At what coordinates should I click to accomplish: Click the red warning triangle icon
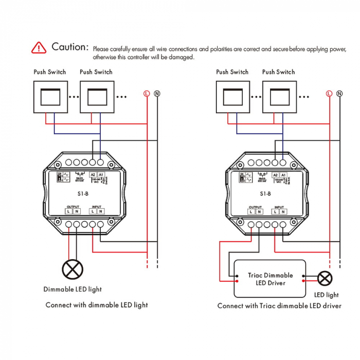pos(39,47)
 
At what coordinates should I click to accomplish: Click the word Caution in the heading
pos(70,47)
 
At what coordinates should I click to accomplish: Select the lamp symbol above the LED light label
pos(324,279)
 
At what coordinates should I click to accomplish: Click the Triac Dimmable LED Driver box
pos(270,279)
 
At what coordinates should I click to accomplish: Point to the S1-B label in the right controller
pos(265,194)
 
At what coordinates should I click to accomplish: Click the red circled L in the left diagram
pos(147,93)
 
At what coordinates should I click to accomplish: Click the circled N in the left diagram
pos(157,93)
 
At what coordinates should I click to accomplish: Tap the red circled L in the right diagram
pos(329,93)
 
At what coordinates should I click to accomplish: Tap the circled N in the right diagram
pos(340,93)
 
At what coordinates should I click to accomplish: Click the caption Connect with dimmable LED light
pos(97,305)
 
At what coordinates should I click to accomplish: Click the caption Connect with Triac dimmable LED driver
pos(279,306)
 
